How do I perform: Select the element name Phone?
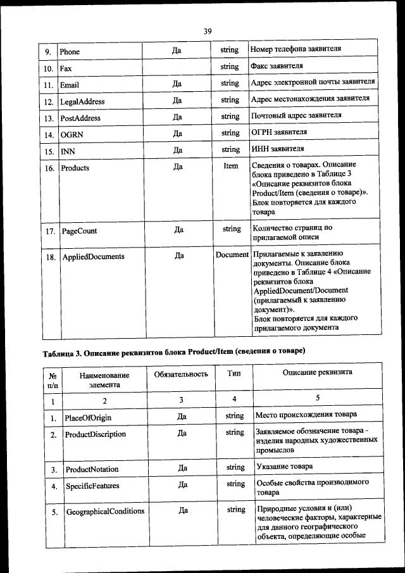[70, 51]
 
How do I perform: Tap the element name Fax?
[65, 67]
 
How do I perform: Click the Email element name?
[70, 84]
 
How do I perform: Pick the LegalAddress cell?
[82, 101]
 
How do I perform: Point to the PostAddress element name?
[80, 118]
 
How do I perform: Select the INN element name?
[67, 151]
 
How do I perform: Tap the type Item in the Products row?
[231, 166]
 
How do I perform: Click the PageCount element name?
[79, 231]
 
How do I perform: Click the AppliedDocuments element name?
[92, 256]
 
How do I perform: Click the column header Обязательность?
[181, 374]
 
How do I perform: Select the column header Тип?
[234, 374]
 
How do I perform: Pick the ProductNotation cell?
[92, 469]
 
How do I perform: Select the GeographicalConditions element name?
[105, 511]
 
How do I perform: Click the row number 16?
[49, 168]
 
